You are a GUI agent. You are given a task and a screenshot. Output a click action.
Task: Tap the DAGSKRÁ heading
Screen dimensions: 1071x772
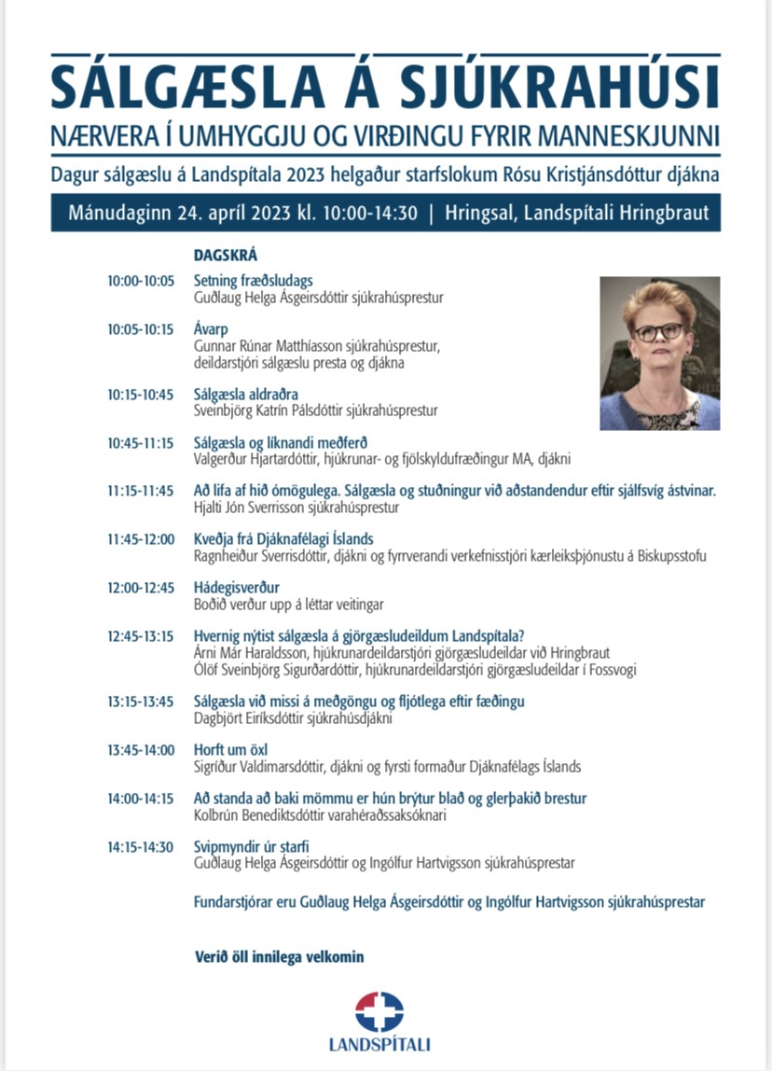tap(225, 255)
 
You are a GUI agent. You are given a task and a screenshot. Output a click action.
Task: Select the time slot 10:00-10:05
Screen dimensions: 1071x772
tap(141, 280)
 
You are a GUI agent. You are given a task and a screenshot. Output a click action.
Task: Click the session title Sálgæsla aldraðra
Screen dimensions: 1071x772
tap(246, 395)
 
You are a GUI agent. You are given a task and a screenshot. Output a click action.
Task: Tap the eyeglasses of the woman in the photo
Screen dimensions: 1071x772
tap(658, 332)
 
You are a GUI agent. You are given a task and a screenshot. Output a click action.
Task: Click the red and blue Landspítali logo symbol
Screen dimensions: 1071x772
tap(379, 1011)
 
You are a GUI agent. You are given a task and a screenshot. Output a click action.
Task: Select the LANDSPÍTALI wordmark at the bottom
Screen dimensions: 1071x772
tap(379, 1045)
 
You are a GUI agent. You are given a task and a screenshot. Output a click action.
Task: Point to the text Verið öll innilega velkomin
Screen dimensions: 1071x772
tap(279, 956)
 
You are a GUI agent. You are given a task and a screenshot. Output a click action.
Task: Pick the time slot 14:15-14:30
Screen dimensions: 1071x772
tap(141, 847)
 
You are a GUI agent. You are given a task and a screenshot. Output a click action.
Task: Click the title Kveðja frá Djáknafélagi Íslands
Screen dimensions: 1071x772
tap(283, 540)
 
